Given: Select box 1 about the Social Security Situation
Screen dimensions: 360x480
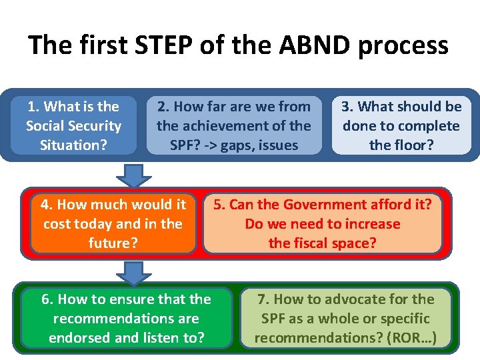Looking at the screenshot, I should [x=73, y=126].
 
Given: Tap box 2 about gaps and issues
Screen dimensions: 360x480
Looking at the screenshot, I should [x=234, y=126].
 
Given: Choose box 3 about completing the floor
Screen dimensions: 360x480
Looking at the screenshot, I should [x=401, y=126].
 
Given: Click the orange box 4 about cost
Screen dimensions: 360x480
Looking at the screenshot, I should [x=113, y=224].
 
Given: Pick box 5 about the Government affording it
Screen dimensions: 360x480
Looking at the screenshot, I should [x=323, y=224].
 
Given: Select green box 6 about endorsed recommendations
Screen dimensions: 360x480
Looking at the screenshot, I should [x=127, y=319].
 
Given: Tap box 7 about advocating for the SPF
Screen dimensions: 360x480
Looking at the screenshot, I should [x=346, y=319].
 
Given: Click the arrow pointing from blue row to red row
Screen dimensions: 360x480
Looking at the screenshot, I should [x=135, y=175].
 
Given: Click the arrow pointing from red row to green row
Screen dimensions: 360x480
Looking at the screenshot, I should [x=135, y=271].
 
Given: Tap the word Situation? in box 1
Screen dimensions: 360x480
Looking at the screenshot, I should [x=73, y=145].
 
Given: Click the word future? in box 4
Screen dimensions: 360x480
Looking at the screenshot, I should [x=113, y=243].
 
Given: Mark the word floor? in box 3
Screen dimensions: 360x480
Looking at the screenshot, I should [x=413, y=145].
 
